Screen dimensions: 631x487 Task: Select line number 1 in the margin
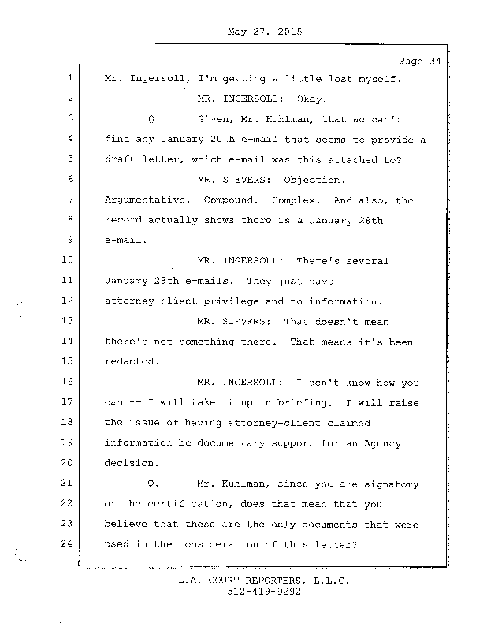(70, 79)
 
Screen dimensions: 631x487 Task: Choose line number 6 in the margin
(70, 179)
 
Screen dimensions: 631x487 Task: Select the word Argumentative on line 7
(143, 200)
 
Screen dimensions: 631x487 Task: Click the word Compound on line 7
(229, 200)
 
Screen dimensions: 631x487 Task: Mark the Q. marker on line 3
(153, 119)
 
